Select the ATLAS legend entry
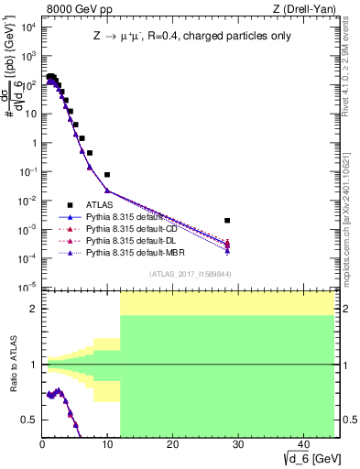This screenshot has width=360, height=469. coord(100,204)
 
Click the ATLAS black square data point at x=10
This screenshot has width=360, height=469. coord(107,174)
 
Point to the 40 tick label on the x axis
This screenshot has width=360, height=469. coord(301,444)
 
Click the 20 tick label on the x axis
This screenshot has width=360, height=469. coord(172,444)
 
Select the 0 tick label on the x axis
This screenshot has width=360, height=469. coord(43,444)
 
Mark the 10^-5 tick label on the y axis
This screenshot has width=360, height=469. coord(27,288)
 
